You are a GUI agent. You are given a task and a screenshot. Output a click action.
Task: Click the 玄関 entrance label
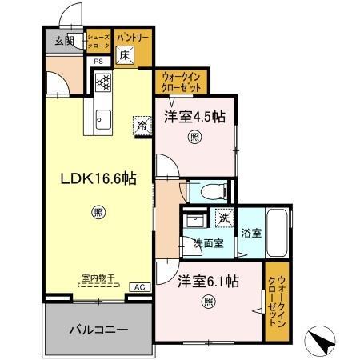click(64, 41)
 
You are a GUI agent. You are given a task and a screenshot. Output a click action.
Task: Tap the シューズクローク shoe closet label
click(98, 42)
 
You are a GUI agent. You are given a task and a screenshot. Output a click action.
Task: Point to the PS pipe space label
click(99, 62)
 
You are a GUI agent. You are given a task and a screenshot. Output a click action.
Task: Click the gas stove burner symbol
click(102, 82)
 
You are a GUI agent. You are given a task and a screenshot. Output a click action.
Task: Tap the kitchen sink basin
click(102, 121)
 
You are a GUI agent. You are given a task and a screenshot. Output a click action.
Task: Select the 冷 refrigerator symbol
click(141, 126)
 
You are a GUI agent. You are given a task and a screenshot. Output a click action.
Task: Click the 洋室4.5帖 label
click(195, 116)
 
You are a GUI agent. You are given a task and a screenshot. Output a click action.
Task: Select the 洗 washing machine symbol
click(224, 217)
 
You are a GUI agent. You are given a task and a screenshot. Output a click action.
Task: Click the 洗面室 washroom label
click(208, 242)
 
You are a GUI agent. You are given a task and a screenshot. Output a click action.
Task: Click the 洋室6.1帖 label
click(208, 281)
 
